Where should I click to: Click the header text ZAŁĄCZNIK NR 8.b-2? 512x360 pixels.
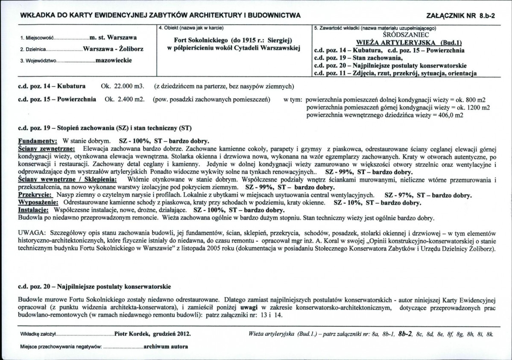(x=457, y=16)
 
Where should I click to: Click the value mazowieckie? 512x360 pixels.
(x=114, y=60)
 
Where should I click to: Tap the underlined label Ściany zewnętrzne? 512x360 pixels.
(x=46, y=148)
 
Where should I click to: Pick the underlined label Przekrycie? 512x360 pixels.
(x=35, y=195)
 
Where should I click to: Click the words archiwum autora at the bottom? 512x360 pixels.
(x=166, y=346)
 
